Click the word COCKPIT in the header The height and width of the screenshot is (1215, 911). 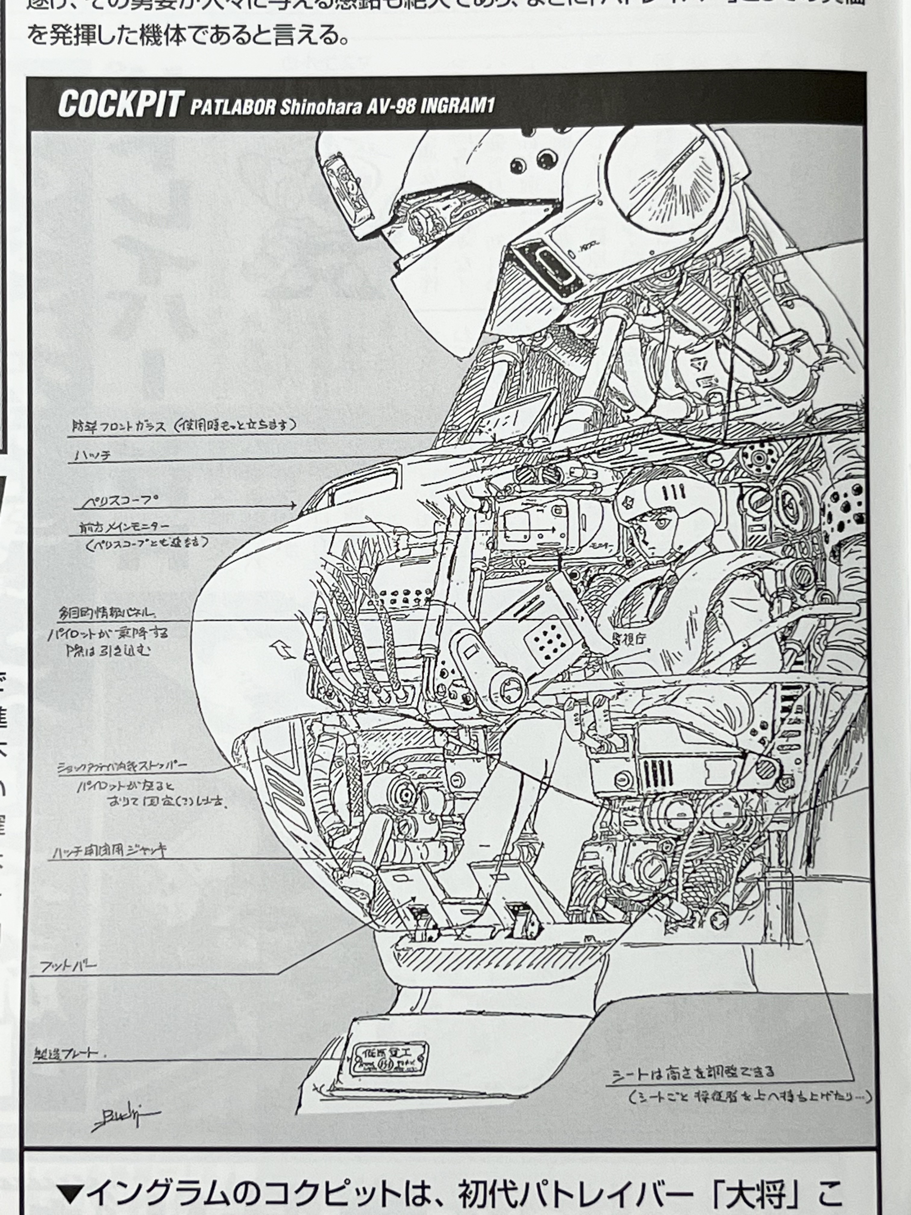point(119,104)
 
